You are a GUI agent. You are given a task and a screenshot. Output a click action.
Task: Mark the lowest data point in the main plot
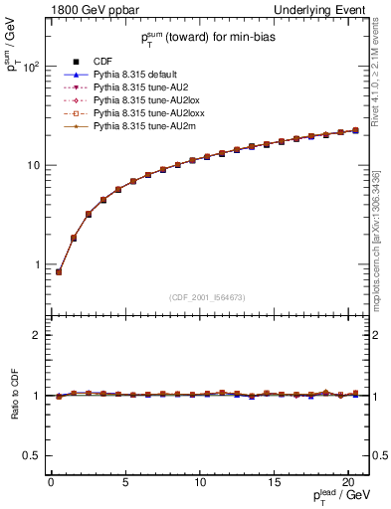pos(59,271)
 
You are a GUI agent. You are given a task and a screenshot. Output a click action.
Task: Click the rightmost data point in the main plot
pos(355,130)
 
